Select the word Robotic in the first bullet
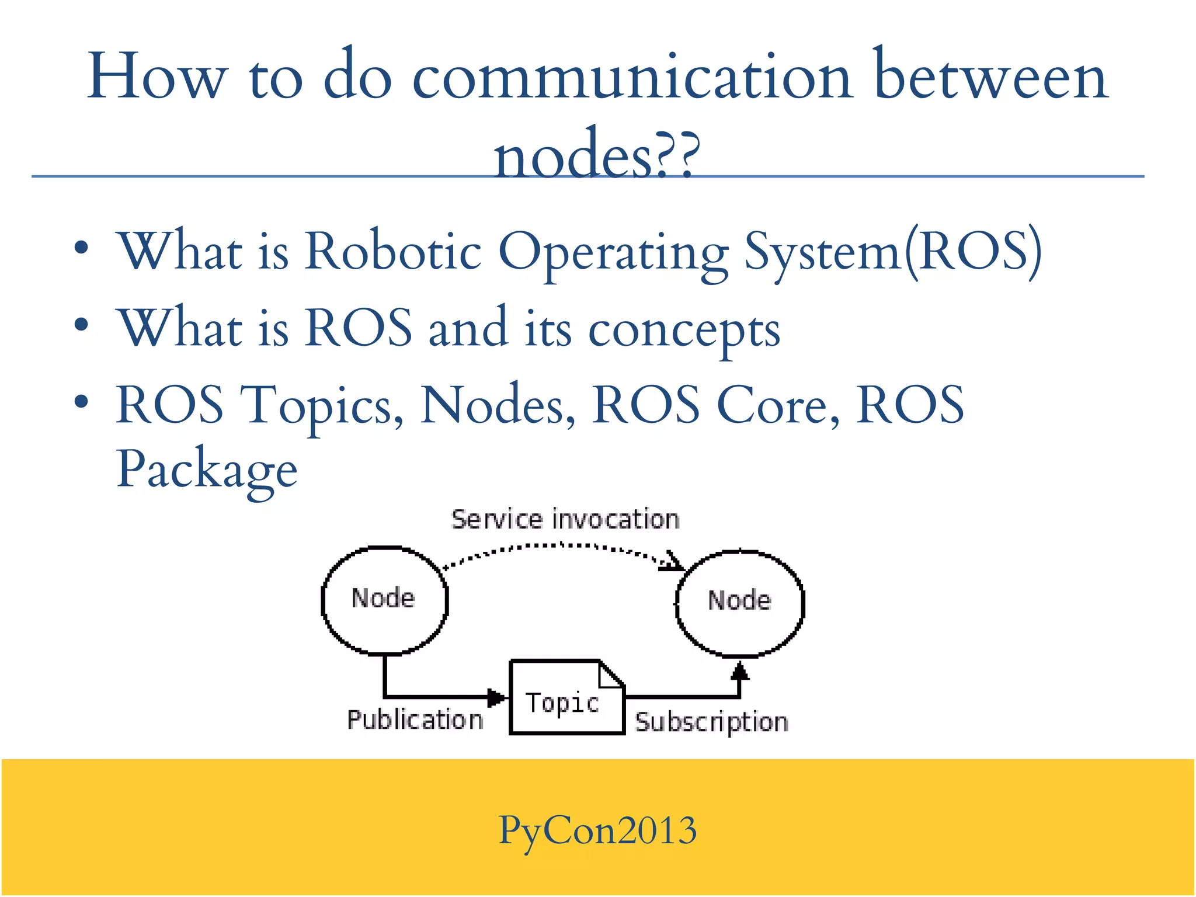(x=393, y=251)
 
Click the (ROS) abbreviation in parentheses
(x=972, y=251)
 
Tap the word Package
(x=207, y=470)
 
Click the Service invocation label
(x=565, y=520)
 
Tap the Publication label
(x=415, y=720)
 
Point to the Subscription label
(x=711, y=722)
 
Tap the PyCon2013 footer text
(x=597, y=830)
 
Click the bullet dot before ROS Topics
(x=81, y=402)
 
